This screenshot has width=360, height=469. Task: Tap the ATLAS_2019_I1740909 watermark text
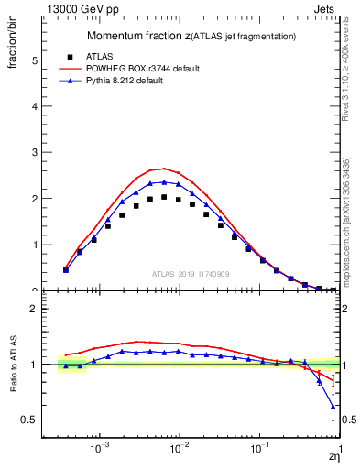tap(192, 274)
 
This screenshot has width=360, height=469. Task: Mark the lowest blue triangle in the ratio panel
tap(333, 406)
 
